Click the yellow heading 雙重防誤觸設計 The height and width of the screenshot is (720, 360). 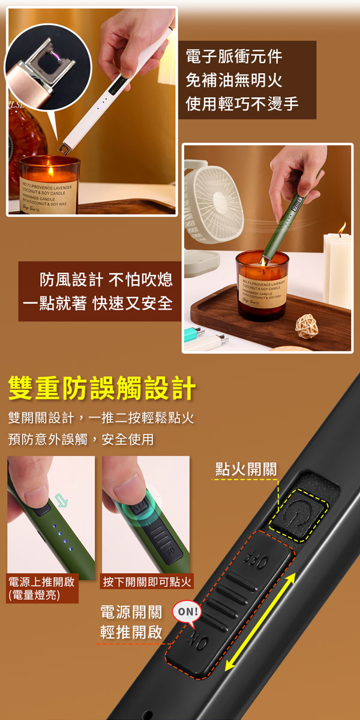[x=102, y=388]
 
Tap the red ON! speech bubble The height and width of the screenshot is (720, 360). [x=187, y=612]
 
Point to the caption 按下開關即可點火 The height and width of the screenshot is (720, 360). [x=147, y=581]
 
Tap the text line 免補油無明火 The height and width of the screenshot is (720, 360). [x=233, y=80]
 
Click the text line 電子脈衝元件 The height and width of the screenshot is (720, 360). [x=233, y=58]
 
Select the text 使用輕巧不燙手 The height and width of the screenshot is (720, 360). [x=242, y=103]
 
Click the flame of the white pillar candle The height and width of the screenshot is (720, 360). [x=343, y=229]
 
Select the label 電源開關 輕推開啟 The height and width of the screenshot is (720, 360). [x=131, y=622]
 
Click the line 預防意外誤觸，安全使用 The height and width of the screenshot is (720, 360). [x=81, y=440]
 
